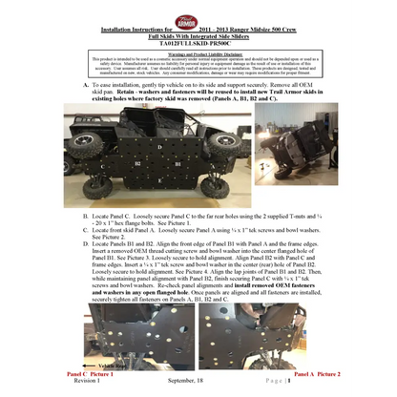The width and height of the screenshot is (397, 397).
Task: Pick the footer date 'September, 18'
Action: (x=194, y=381)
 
